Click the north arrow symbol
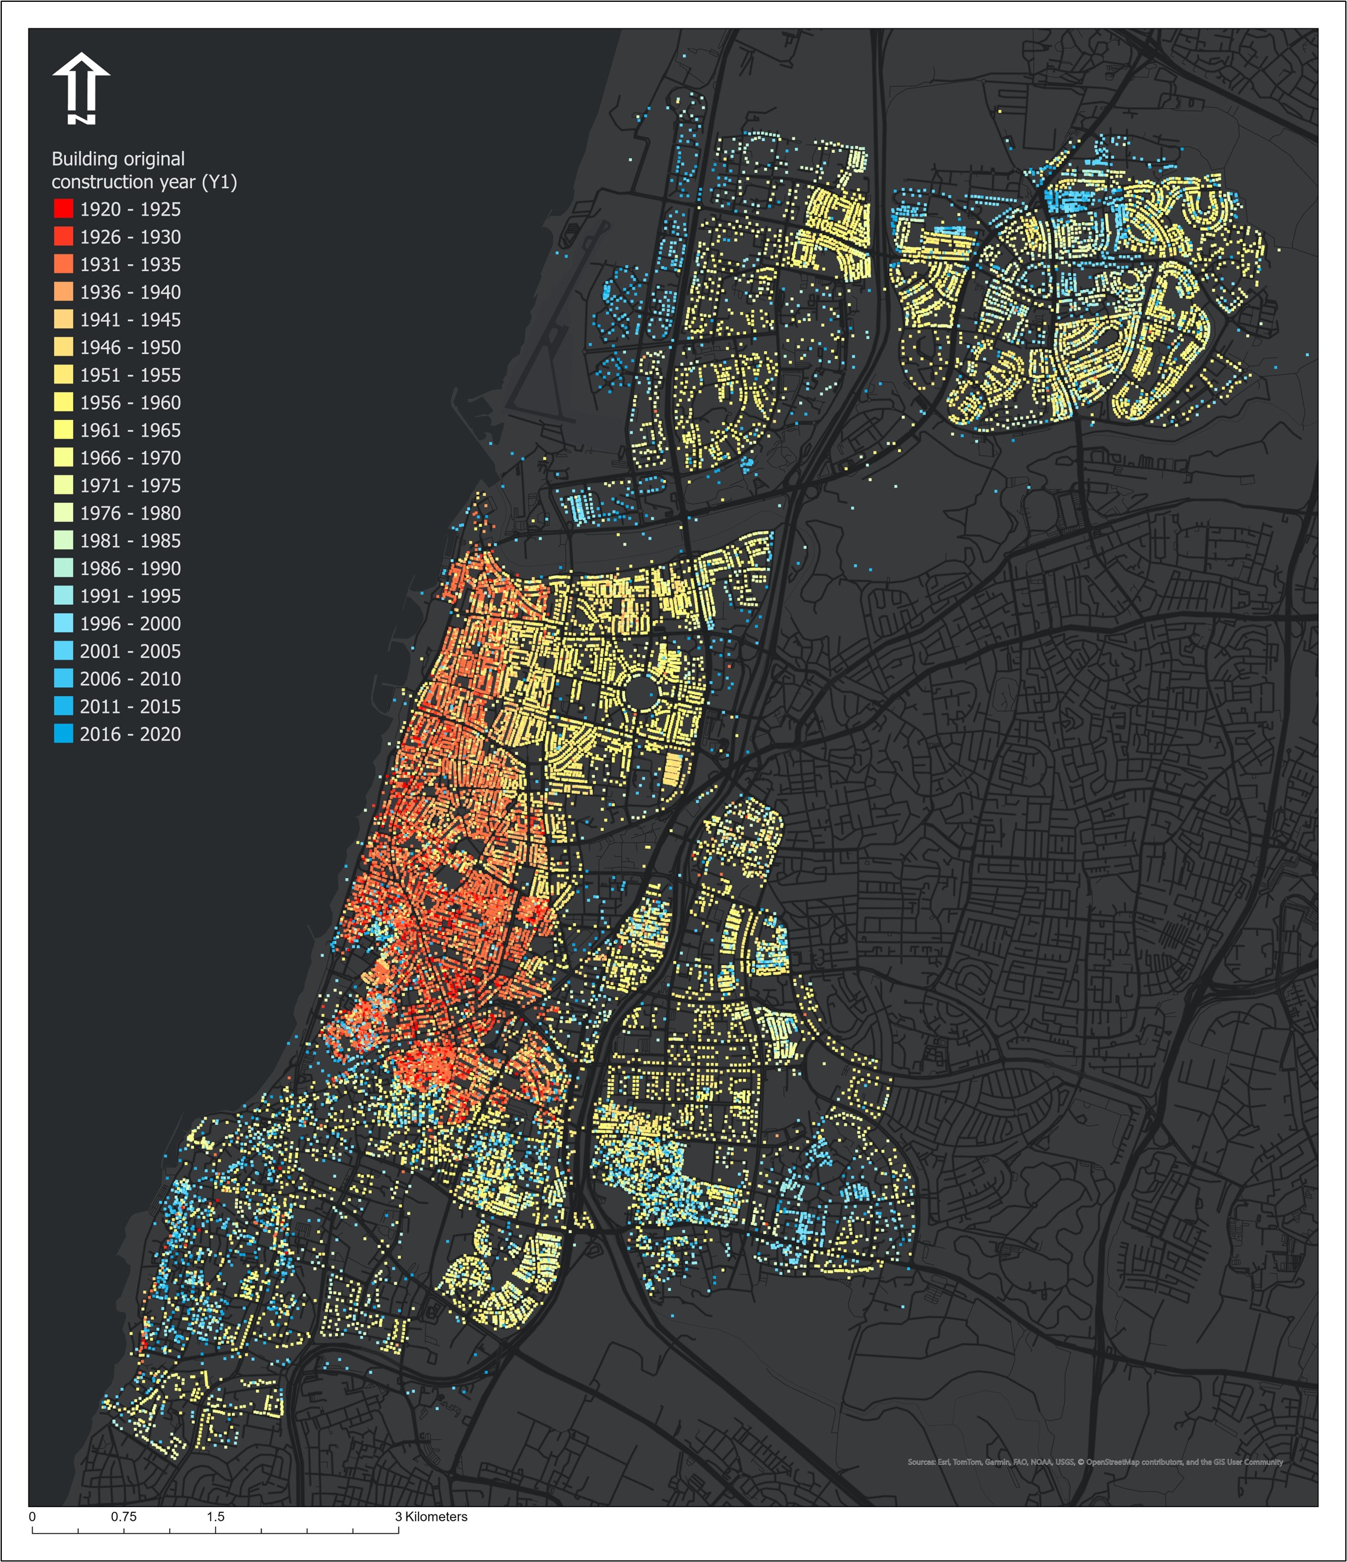click(x=82, y=88)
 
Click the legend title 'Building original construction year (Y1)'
click(x=143, y=170)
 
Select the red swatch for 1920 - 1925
click(x=64, y=209)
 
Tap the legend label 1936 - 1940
click(x=130, y=292)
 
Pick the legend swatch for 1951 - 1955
click(x=64, y=375)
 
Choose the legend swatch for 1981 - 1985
click(x=64, y=541)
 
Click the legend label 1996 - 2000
click(x=130, y=624)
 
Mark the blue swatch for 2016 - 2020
click(x=64, y=734)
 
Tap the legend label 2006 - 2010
click(x=130, y=679)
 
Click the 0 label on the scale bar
click(x=31, y=1516)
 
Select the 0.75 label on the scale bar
click(x=124, y=1516)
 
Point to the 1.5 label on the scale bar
click(x=216, y=1516)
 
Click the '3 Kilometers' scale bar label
click(x=431, y=1516)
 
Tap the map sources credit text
click(x=1095, y=1462)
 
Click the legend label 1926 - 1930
click(x=130, y=237)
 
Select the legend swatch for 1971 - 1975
click(x=64, y=485)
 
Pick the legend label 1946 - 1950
click(x=130, y=347)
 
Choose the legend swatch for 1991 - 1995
click(x=64, y=596)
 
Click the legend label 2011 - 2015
click(x=130, y=706)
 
